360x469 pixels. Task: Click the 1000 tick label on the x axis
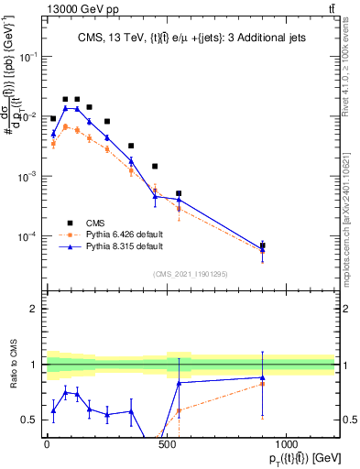click(287, 446)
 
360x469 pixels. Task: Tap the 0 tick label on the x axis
click(47, 446)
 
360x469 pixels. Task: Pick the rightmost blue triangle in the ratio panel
click(263, 377)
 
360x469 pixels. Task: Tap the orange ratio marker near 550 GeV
click(179, 410)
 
